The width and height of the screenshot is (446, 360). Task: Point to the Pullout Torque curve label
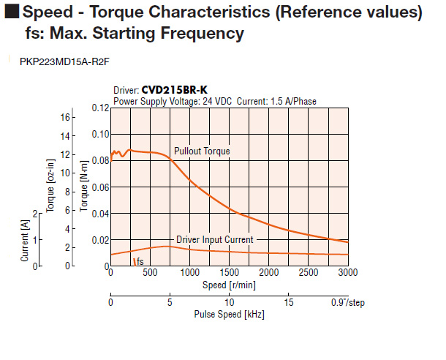pyautogui.click(x=202, y=151)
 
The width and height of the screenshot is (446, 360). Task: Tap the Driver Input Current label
pyautogui.click(x=215, y=239)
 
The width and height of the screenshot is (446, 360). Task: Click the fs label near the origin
pyautogui.click(x=139, y=261)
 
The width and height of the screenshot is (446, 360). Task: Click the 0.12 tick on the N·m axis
pyautogui.click(x=99, y=108)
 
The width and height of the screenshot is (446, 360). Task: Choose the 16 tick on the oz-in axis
pyautogui.click(x=67, y=117)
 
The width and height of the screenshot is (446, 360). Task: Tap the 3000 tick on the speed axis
pyautogui.click(x=348, y=273)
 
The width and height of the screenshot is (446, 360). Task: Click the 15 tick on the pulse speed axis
pyautogui.click(x=288, y=302)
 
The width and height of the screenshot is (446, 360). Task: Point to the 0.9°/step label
pyautogui.click(x=347, y=302)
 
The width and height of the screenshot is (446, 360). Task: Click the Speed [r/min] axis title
pyautogui.click(x=228, y=285)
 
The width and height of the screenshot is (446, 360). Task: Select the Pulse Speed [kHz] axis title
pyautogui.click(x=229, y=315)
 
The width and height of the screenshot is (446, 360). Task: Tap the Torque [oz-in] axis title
pyautogui.click(x=50, y=187)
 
